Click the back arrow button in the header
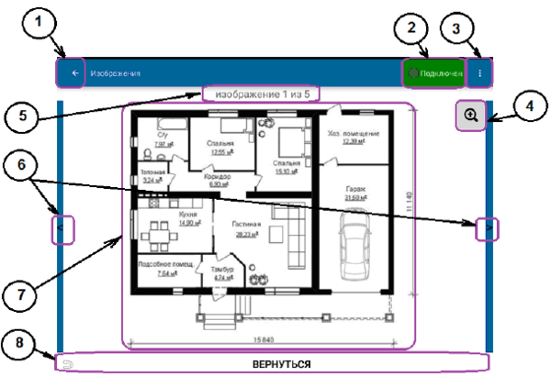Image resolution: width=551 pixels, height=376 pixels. [71, 72]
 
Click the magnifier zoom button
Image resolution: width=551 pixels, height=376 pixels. [470, 116]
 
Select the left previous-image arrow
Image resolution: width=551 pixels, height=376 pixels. [62, 226]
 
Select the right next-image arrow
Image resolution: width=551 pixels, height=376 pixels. [488, 226]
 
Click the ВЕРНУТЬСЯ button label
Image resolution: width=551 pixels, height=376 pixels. [282, 364]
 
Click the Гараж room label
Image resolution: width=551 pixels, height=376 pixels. [354, 189]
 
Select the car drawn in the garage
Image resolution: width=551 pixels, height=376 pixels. [354, 241]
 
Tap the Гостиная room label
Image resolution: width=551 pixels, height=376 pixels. [247, 224]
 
